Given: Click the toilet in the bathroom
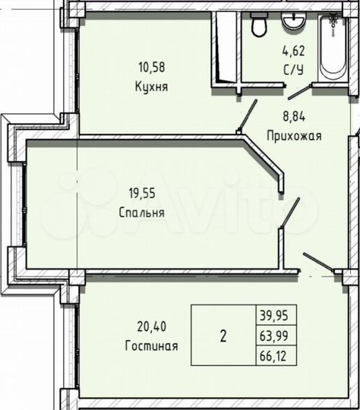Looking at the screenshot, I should click(x=258, y=27).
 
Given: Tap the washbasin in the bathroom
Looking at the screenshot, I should click(x=292, y=23).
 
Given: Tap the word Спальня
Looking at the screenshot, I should click(x=142, y=213).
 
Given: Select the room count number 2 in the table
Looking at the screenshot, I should click(x=223, y=336).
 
